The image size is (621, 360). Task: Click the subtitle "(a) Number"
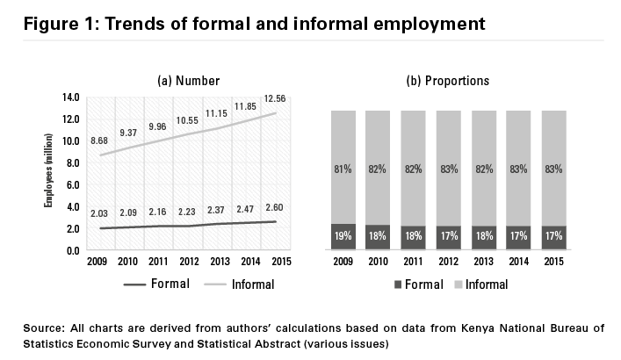[x=188, y=81]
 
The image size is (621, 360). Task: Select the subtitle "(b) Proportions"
[x=448, y=81]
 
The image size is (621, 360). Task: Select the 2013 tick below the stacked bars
[x=483, y=262]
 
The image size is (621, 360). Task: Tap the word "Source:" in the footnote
[x=47, y=328]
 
